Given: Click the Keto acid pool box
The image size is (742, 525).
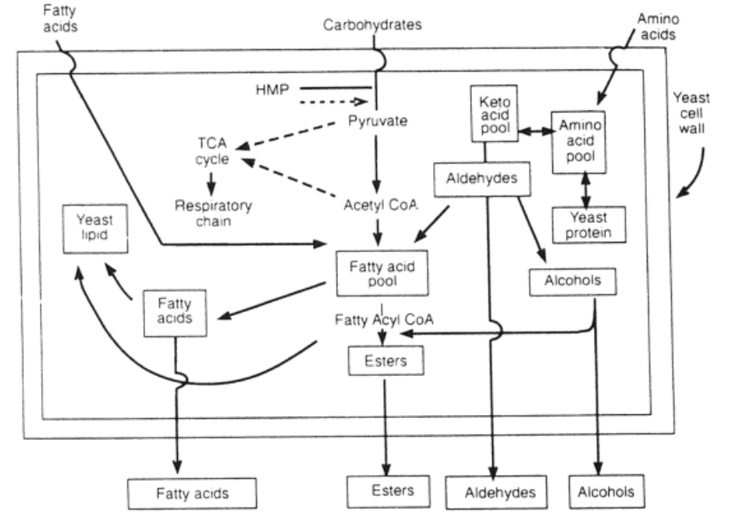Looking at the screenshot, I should (x=495, y=114).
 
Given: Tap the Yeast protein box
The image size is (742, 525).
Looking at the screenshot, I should (x=588, y=224).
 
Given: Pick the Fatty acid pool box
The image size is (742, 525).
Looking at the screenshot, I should (x=381, y=273).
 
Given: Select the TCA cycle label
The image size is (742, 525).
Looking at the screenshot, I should (x=213, y=151).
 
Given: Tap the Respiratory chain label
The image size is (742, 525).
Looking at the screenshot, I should (x=213, y=213).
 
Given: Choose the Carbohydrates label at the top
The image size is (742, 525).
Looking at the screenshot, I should (x=372, y=25).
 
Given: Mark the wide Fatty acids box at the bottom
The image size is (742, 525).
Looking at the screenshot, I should (x=191, y=493).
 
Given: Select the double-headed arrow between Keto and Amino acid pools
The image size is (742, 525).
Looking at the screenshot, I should (x=535, y=133).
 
